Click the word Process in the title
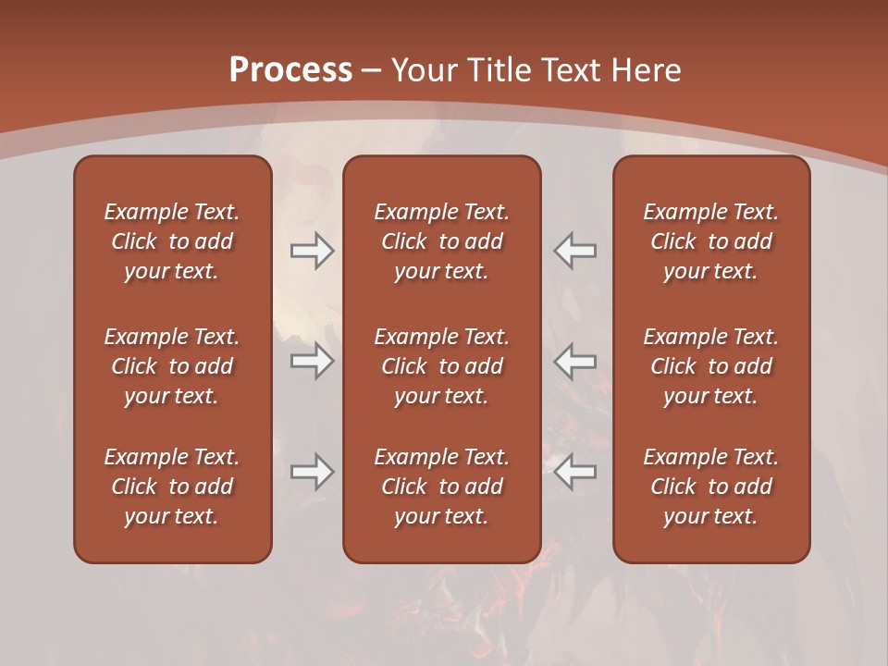(x=290, y=70)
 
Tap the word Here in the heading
(x=646, y=70)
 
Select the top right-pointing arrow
(x=312, y=251)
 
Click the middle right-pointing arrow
(x=312, y=361)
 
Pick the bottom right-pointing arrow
(x=312, y=472)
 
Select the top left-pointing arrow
(x=575, y=251)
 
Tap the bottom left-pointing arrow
(x=575, y=472)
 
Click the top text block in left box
(x=172, y=241)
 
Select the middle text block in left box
(x=172, y=366)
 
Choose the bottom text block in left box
(x=172, y=487)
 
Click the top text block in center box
(x=441, y=241)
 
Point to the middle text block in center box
(x=441, y=366)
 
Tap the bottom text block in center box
(x=441, y=487)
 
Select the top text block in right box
(x=710, y=241)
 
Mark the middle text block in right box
(x=710, y=366)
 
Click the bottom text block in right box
(x=710, y=487)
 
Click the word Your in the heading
(x=423, y=70)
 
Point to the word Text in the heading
(x=571, y=70)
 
